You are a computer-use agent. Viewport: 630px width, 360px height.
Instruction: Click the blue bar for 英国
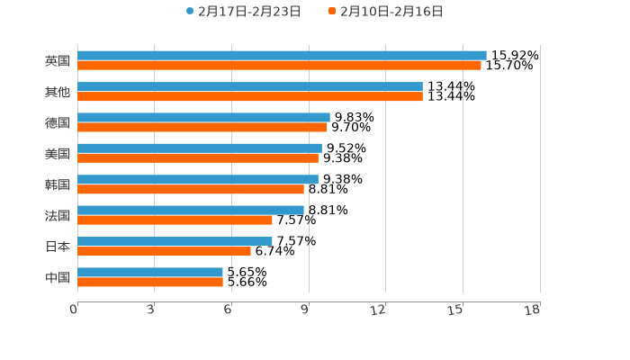(x=282, y=56)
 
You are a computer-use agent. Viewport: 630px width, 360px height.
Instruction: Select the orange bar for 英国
(x=279, y=66)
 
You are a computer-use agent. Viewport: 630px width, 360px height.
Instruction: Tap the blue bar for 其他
(x=250, y=86)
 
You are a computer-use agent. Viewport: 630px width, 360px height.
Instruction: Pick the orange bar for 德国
(x=202, y=128)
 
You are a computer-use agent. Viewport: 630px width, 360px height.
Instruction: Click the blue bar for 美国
(x=200, y=148)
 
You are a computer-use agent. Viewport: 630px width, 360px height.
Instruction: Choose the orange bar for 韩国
(x=191, y=190)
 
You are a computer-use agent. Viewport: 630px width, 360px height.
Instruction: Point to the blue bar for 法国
(x=191, y=211)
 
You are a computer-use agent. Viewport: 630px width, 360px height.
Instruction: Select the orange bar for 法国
(x=175, y=220)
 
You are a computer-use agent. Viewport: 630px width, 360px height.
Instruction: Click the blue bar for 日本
(x=175, y=241)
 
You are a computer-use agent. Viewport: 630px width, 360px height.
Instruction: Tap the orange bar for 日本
(x=164, y=251)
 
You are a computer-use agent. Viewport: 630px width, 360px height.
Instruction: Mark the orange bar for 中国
(x=150, y=283)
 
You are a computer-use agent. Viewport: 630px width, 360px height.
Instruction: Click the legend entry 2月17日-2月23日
(x=243, y=12)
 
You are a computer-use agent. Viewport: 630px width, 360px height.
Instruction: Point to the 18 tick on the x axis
(x=533, y=310)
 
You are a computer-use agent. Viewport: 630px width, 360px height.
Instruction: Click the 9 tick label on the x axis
(x=305, y=310)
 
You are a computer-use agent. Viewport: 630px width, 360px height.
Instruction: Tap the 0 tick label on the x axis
(x=74, y=310)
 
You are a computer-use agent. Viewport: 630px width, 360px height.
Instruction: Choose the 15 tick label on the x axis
(x=455, y=310)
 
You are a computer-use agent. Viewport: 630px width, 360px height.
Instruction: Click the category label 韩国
(x=58, y=184)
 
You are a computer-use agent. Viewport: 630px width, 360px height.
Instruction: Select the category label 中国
(x=58, y=277)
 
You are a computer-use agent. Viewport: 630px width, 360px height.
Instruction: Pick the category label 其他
(x=58, y=92)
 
